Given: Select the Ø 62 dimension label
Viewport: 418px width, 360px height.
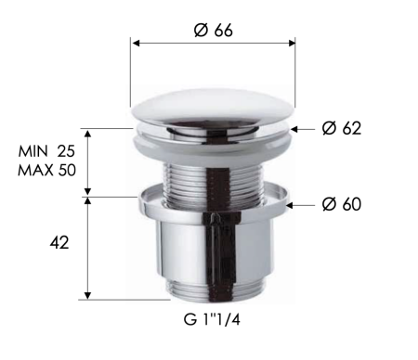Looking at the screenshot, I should (340, 128).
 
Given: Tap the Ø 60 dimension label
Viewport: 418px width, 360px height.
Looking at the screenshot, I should (340, 204).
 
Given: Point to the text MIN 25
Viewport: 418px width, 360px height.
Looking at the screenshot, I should (46, 149).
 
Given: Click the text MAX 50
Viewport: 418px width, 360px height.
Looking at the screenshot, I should (46, 170).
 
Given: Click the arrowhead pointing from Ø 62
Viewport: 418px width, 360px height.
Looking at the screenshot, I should (296, 128).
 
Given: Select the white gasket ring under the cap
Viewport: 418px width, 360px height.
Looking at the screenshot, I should (213, 139).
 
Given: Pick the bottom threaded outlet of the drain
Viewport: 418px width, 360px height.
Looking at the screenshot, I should (213, 289).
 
